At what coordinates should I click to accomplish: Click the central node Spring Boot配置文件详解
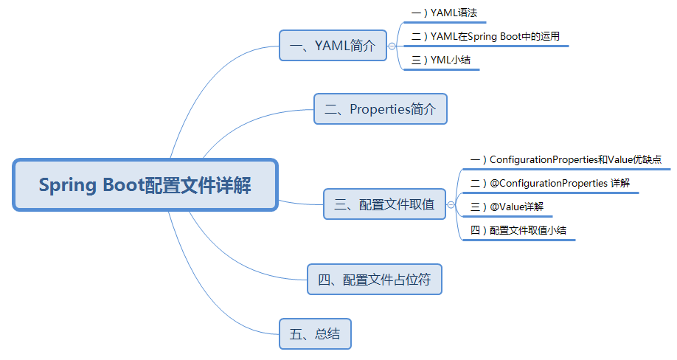pos(145,184)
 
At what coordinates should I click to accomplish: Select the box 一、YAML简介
pos(333,46)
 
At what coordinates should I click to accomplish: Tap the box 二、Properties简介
pos(381,109)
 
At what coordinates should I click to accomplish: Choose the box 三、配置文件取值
pos(384,204)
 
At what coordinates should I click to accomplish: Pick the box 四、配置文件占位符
pos(375,280)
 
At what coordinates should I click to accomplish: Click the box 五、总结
pos(315,333)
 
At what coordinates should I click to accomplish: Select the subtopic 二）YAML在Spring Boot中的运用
pos(490,36)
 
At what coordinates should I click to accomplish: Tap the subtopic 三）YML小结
pos(441,60)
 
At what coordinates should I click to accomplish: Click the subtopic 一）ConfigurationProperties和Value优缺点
pos(565,159)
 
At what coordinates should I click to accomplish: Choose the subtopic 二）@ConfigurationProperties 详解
pos(549,182)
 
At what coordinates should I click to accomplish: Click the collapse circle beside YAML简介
pos(392,46)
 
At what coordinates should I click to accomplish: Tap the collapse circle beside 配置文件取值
pos(451,204)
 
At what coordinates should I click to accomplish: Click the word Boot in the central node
pos(118,184)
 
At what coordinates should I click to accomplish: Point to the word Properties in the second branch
pos(379,109)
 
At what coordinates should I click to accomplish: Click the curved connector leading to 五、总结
pos(221,310)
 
